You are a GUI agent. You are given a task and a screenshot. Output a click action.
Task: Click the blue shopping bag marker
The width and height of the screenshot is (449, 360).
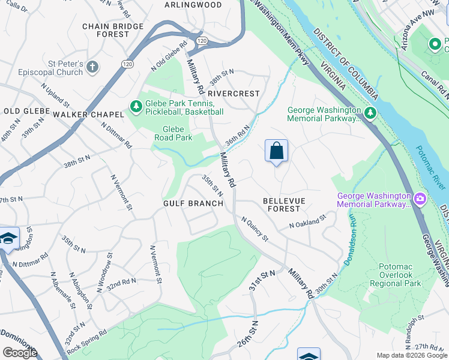[276, 151]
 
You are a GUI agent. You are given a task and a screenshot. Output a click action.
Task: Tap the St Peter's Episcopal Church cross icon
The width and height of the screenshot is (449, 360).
[92, 67]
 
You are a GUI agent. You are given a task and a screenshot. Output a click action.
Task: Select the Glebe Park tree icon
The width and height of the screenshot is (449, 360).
[136, 107]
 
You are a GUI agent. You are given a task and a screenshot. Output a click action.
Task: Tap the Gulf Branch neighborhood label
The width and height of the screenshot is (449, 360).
[193, 203]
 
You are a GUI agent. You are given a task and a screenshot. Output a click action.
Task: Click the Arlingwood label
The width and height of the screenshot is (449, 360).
[193, 5]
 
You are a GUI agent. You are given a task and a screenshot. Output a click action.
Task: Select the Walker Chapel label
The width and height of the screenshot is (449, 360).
[88, 114]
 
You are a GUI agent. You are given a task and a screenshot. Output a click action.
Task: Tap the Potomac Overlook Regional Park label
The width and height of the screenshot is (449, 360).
[400, 275]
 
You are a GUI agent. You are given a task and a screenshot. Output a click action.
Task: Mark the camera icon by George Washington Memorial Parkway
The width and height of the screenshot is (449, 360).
[420, 199]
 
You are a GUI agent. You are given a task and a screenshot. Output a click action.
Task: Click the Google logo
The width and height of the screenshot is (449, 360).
[20, 353]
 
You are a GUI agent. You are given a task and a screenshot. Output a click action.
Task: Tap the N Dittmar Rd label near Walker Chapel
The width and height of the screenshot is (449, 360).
[116, 136]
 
